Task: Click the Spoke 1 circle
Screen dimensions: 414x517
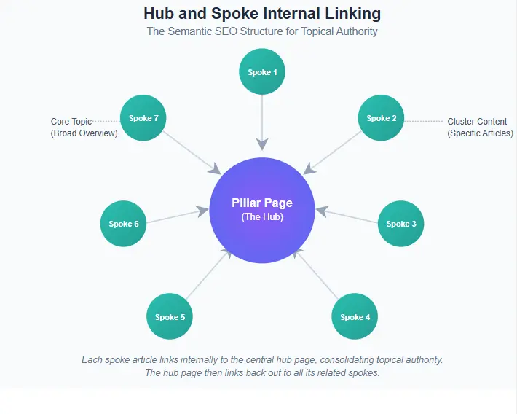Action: (x=262, y=72)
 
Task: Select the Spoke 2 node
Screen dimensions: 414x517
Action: (x=382, y=118)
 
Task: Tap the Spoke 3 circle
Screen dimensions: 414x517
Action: (x=401, y=224)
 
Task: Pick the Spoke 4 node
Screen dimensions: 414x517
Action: (x=355, y=317)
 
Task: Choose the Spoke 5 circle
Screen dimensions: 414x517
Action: (x=170, y=317)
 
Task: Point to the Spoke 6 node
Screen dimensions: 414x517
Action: (x=124, y=224)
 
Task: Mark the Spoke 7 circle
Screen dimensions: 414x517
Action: (x=143, y=118)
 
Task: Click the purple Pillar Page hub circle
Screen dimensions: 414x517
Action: (x=262, y=210)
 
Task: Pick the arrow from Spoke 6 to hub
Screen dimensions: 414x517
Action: (x=178, y=216)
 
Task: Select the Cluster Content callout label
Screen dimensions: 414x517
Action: (x=480, y=128)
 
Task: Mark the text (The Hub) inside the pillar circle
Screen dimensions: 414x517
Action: (x=262, y=217)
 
